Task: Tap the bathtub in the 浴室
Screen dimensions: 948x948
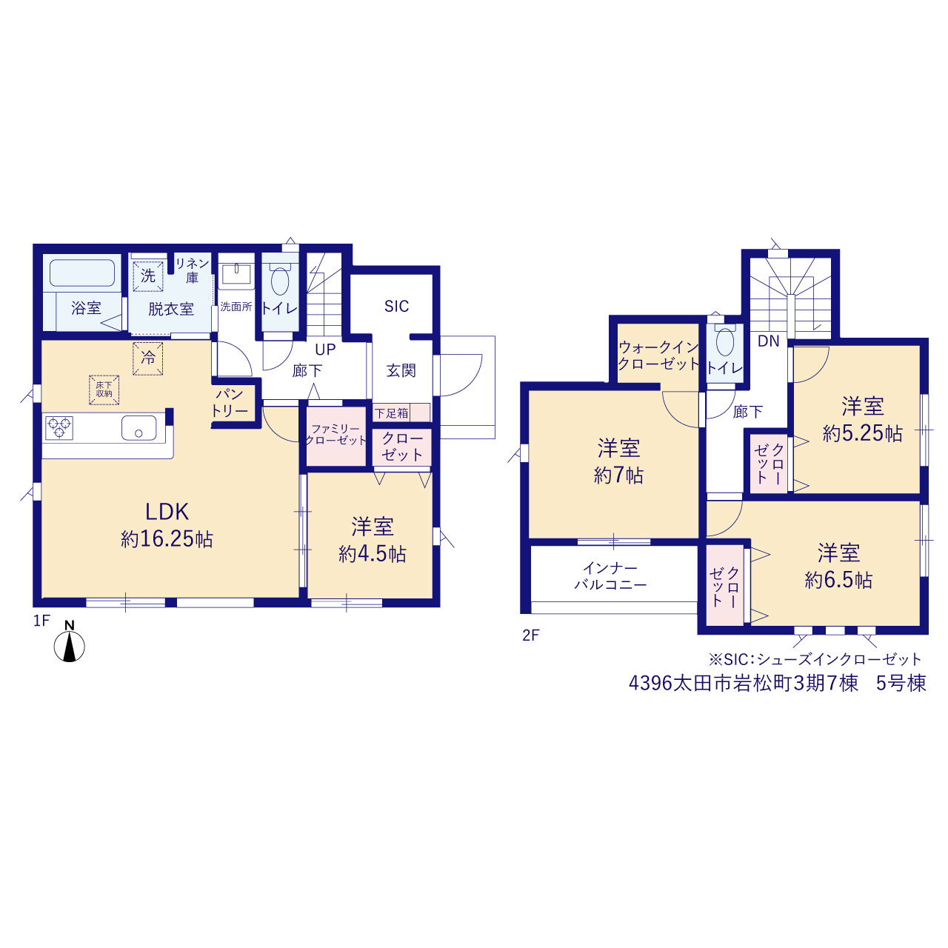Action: tap(82, 273)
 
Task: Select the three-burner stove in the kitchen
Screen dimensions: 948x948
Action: tap(59, 427)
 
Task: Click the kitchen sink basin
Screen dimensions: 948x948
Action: tap(138, 428)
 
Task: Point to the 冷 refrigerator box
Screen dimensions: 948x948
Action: tap(147, 358)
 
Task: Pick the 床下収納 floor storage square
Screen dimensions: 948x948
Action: tap(104, 390)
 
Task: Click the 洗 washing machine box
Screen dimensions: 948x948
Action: tap(148, 276)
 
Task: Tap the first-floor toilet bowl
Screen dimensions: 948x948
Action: tap(280, 281)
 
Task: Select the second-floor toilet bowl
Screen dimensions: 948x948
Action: tap(724, 341)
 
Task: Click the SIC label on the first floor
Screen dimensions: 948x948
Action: tap(396, 307)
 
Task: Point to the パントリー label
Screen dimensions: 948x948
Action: tap(230, 403)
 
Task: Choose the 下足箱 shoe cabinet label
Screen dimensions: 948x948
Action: tap(392, 413)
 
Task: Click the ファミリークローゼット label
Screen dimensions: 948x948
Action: tap(336, 435)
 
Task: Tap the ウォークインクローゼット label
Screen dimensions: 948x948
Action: tap(658, 355)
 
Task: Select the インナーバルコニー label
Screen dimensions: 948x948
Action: tap(610, 576)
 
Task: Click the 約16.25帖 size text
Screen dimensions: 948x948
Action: tap(167, 540)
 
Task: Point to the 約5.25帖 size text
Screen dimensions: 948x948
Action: tap(862, 433)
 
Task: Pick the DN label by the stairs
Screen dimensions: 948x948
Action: tap(769, 341)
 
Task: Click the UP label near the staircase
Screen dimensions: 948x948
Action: tap(325, 350)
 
